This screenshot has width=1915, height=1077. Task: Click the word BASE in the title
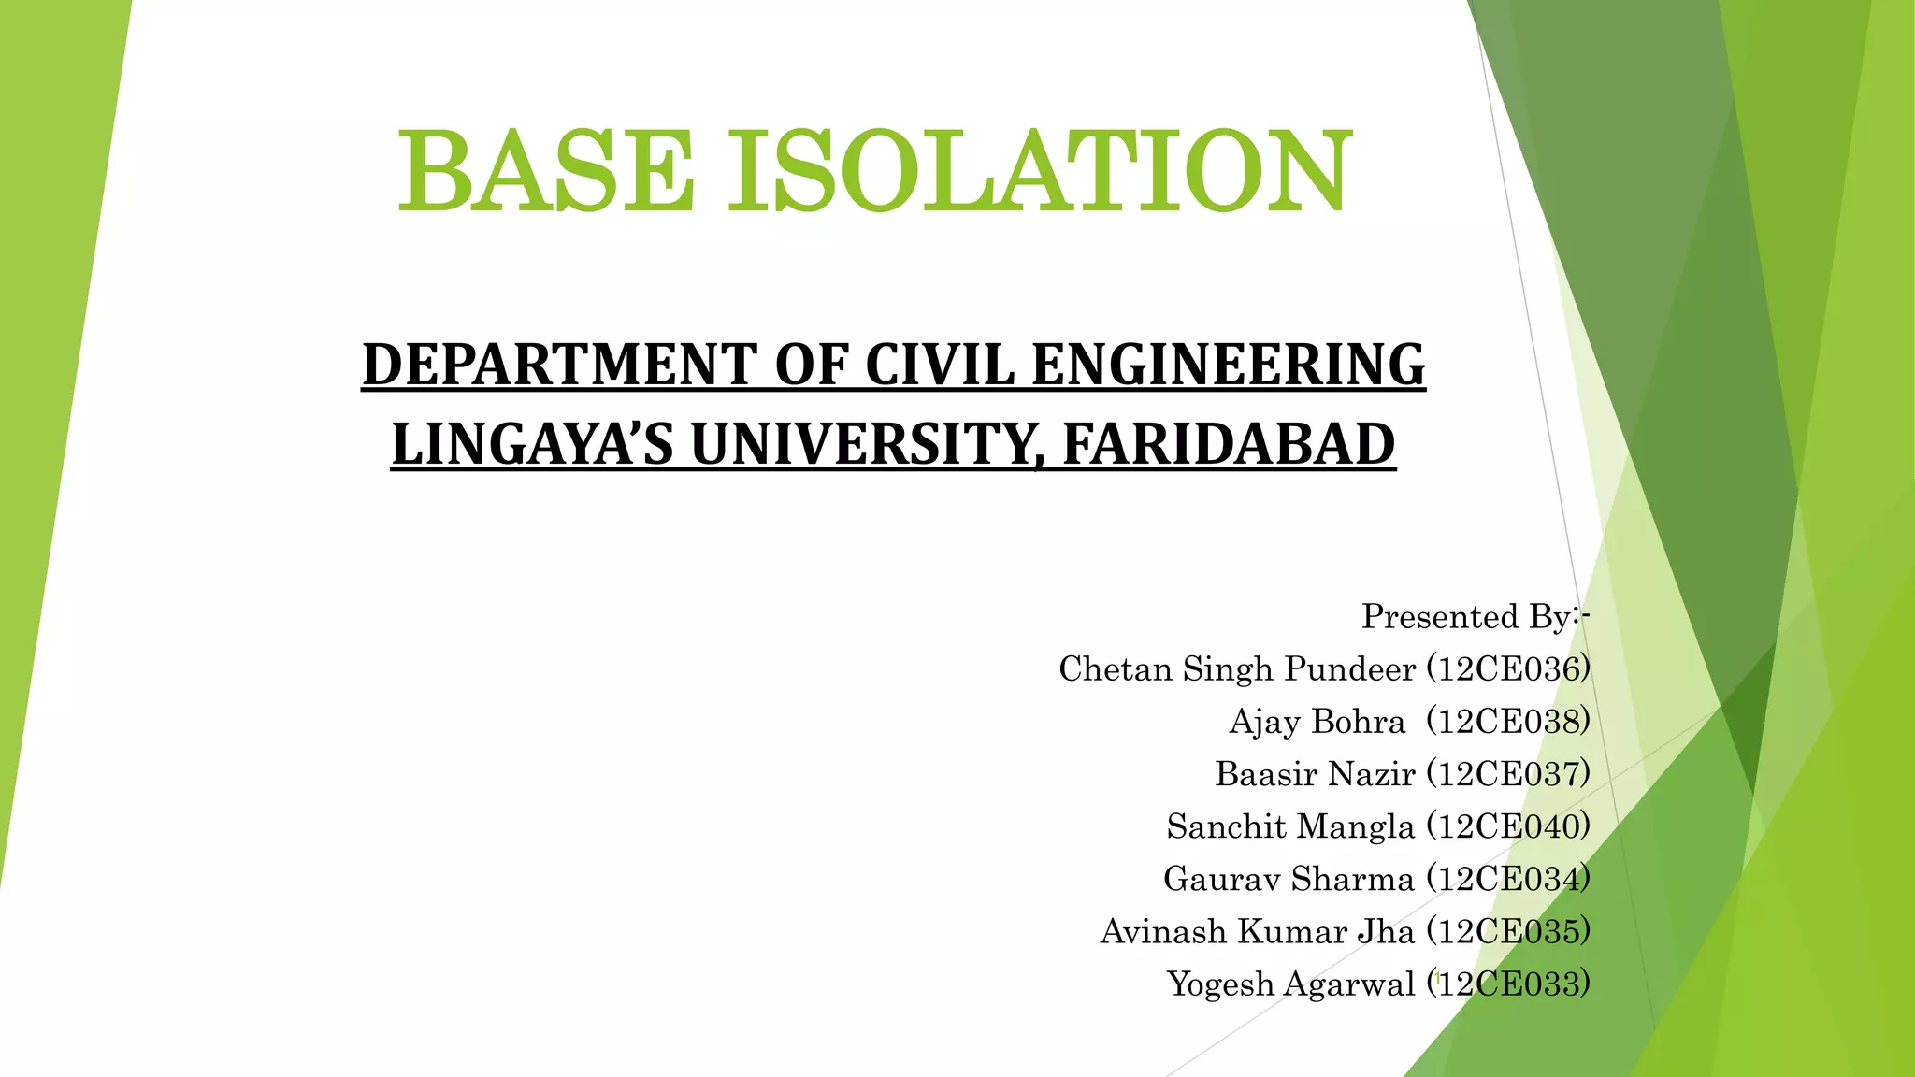546,172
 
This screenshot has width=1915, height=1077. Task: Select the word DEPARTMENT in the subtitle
558,365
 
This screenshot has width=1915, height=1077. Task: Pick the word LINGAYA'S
531,444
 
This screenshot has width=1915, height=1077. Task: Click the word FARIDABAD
1229,444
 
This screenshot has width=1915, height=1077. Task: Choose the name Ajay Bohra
1317,722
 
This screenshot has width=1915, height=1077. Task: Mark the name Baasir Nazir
1315,774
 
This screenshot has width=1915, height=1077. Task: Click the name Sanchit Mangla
1290,826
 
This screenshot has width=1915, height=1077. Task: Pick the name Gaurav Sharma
1289,879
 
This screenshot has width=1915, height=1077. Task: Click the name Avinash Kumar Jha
1257,931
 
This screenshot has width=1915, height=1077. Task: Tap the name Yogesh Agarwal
1290,984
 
